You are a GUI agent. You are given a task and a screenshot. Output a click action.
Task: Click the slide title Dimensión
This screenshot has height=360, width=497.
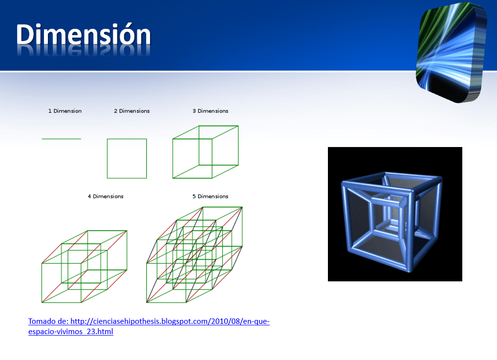84,34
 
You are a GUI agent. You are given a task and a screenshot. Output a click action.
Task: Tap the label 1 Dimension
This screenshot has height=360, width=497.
65,111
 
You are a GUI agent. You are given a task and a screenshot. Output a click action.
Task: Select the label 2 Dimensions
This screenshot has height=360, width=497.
132,111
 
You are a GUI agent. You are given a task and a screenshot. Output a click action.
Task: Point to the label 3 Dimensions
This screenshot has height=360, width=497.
211,111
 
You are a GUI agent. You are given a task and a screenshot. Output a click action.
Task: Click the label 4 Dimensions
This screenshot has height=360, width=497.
106,196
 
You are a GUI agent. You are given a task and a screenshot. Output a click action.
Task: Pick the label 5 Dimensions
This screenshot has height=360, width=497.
211,196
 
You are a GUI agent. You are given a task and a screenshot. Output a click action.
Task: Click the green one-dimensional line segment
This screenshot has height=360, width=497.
62,139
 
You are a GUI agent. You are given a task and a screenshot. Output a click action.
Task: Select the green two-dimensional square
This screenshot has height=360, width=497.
107,158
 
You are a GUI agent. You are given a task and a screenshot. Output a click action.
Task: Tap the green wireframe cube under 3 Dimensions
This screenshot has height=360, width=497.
173,158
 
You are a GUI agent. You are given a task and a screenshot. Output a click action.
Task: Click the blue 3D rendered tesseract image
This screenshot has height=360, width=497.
395,214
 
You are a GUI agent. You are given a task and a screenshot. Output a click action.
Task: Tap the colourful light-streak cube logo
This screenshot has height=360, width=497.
451,52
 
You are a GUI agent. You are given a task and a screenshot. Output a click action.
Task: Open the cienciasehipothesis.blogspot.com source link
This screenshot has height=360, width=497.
149,326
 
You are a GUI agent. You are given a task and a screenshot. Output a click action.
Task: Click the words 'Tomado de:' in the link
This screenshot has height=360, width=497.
48,321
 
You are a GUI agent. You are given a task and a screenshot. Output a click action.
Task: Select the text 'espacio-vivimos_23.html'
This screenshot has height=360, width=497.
71,332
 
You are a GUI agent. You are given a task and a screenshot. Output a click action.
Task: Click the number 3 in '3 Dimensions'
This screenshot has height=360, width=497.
194,111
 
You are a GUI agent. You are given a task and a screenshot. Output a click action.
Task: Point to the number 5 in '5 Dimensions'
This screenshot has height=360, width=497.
194,196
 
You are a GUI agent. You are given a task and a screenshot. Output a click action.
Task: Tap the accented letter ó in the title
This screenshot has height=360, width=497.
122,34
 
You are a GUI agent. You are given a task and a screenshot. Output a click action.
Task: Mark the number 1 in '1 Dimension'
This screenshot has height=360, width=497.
50,111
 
